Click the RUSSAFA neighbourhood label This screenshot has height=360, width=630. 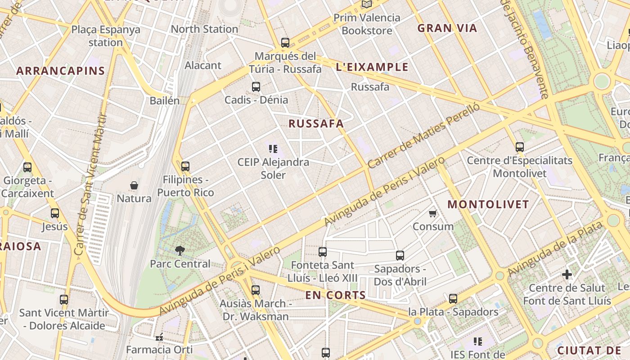point(316,124)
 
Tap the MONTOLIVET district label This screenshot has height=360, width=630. point(488,204)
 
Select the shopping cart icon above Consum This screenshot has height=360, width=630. point(432,213)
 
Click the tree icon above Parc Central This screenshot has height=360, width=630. point(180,251)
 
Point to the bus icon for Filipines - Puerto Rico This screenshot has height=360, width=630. point(185,166)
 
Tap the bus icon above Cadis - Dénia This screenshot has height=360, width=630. point(256,87)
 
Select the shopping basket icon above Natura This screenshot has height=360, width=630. point(134,185)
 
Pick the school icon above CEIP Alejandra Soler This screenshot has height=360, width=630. point(273,149)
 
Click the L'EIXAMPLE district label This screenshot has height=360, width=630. point(372,67)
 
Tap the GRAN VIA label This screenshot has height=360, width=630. point(447,28)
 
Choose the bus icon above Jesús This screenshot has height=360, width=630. point(55,213)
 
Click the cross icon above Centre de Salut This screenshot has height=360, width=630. point(567,274)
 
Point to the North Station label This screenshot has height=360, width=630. point(204,29)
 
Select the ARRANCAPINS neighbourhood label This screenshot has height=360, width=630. point(61,71)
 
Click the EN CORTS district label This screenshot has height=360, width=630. point(335,295)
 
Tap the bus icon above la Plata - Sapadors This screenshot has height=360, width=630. point(453,299)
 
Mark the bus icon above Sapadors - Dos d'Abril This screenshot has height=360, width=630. point(400,256)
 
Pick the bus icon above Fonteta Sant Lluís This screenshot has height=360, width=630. point(322,252)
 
